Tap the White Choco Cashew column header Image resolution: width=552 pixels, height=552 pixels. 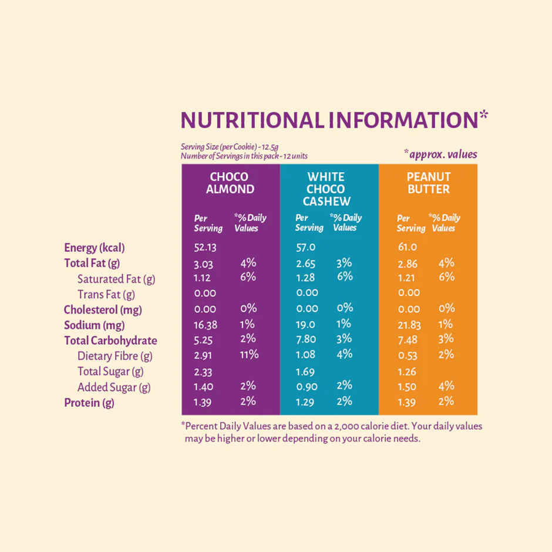[326, 189]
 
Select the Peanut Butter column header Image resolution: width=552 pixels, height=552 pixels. [429, 183]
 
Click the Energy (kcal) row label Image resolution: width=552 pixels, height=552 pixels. [95, 248]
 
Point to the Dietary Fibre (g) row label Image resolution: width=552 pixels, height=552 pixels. [116, 356]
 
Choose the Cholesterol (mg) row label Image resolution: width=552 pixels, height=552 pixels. [103, 309]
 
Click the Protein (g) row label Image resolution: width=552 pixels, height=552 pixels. [89, 403]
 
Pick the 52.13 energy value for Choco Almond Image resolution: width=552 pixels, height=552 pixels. [205, 247]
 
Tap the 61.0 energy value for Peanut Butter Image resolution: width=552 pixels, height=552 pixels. [407, 247]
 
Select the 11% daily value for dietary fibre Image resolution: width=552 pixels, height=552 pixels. [249, 354]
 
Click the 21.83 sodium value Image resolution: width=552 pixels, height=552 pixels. [409, 325]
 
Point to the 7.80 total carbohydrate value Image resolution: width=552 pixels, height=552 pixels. [306, 339]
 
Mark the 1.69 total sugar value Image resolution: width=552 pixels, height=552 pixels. [305, 371]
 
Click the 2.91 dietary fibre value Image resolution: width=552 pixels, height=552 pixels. [205, 355]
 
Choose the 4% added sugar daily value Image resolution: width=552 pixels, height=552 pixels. [446, 386]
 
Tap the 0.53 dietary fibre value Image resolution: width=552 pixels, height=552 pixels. [407, 355]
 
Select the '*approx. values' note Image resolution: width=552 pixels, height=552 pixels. [440, 154]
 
